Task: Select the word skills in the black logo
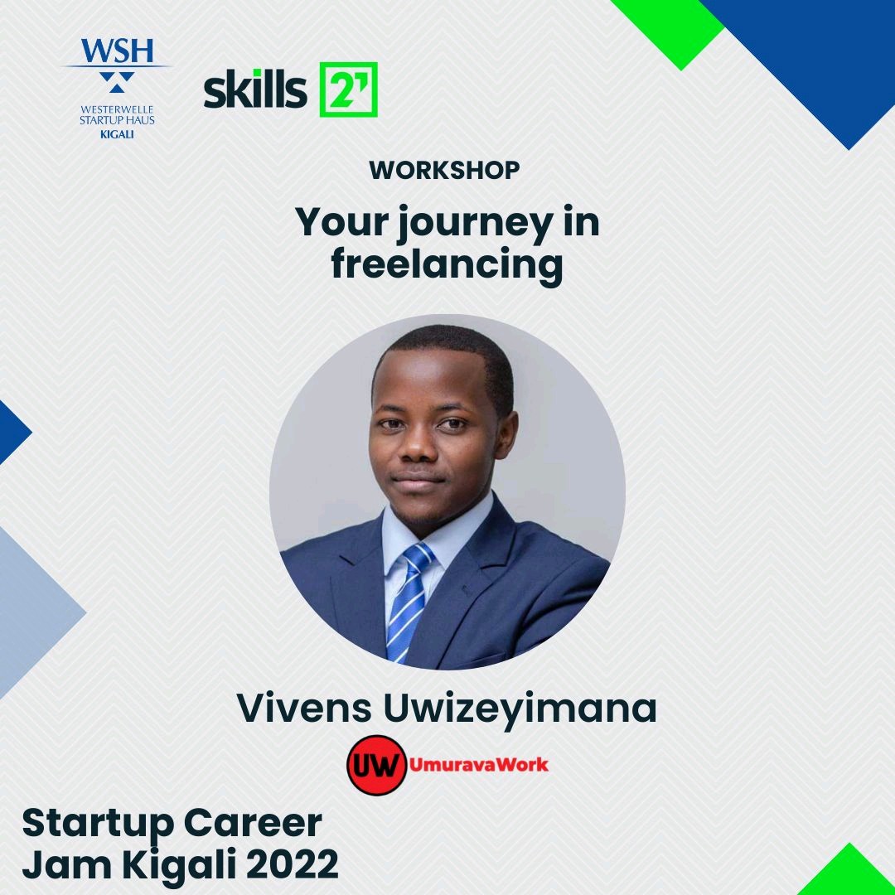[254, 89]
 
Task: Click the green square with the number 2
[348, 89]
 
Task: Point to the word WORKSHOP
[444, 170]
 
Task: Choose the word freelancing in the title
[447, 266]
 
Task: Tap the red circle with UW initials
[375, 765]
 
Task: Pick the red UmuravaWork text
[479, 764]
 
